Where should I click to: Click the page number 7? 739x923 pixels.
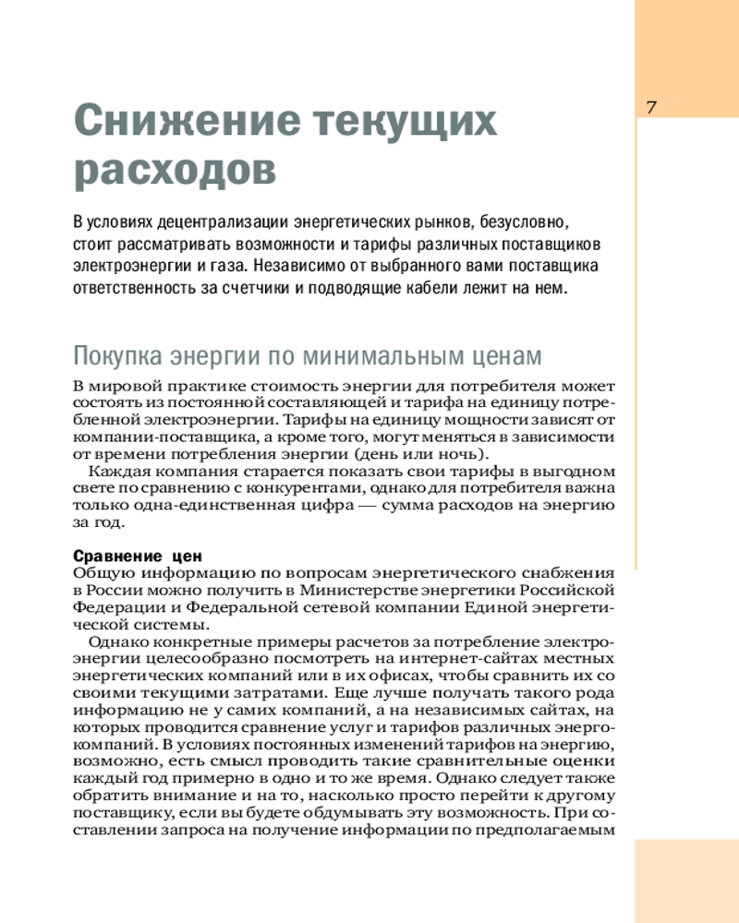click(x=650, y=106)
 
